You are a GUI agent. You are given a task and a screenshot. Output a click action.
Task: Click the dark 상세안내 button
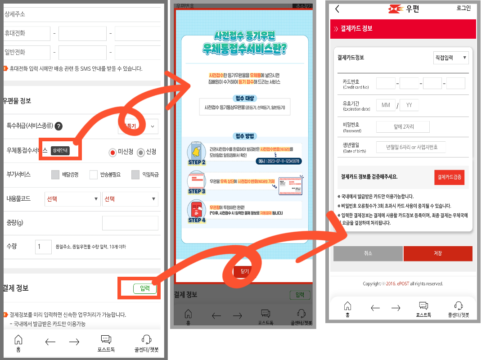pos(60,151)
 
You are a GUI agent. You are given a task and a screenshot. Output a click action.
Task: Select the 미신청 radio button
pos(112,153)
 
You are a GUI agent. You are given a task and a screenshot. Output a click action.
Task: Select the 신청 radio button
pos(141,153)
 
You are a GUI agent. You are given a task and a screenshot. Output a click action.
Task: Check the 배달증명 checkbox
pos(55,175)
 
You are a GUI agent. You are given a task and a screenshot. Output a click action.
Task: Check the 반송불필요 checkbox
pos(94,175)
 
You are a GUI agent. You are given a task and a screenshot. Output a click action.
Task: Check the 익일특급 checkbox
pos(135,175)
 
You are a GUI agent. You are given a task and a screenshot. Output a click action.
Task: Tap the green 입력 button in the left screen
pos(145,288)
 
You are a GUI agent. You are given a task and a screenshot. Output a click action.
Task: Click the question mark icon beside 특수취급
pos(58,126)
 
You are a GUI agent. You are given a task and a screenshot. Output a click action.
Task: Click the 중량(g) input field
pos(130,223)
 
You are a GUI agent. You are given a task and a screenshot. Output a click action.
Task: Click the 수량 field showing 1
pos(44,247)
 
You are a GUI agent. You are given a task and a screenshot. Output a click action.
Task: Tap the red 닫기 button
pos(244,271)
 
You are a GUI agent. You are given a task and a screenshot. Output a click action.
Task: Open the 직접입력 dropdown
pos(450,58)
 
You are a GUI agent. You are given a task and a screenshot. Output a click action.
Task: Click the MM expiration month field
pos(386,105)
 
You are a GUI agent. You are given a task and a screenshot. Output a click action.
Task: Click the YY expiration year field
pos(409,105)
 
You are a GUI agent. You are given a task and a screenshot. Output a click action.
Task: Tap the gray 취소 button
pos(368,253)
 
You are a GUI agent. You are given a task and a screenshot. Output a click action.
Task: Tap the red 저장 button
pos(437,253)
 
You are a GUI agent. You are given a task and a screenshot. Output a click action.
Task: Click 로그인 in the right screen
pos(463,8)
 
